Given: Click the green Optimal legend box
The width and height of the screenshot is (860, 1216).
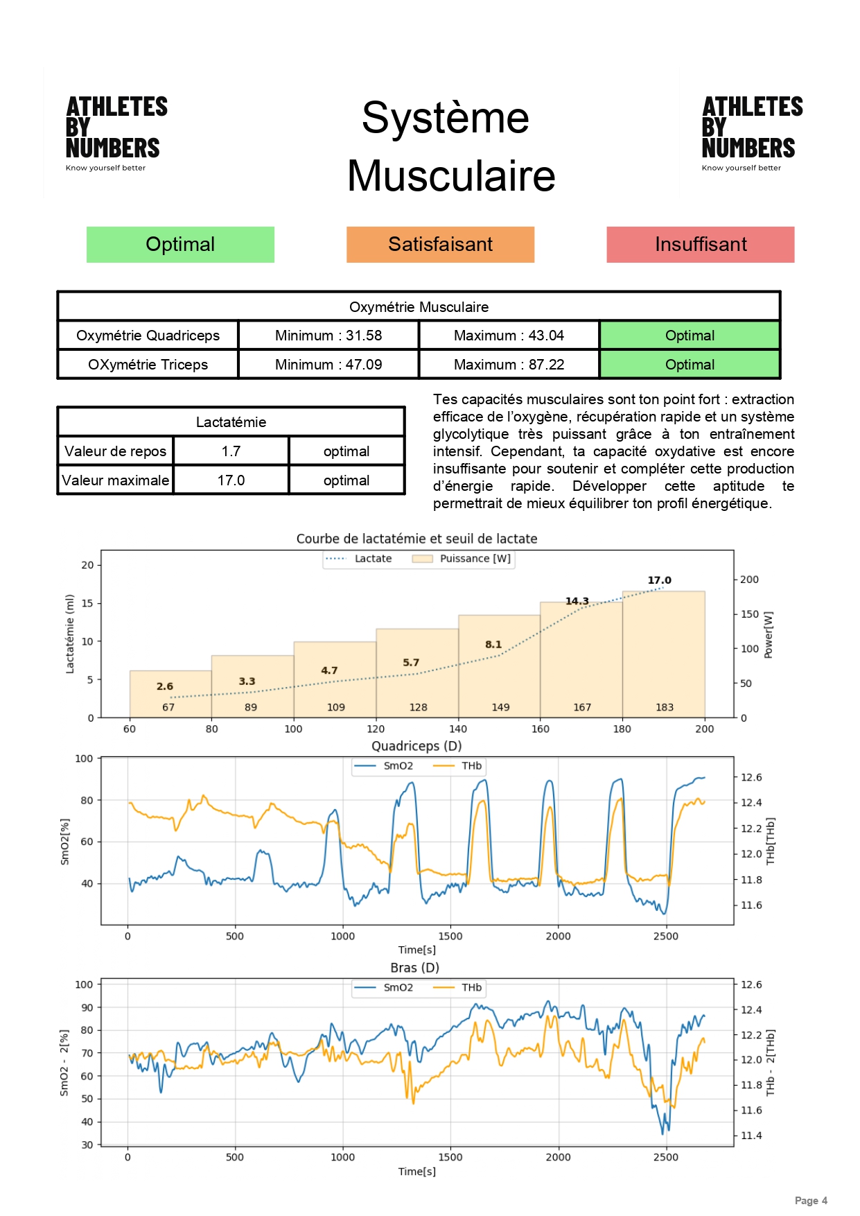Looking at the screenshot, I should coord(180,245).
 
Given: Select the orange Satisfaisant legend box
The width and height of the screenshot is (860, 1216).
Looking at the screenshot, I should coord(440,245).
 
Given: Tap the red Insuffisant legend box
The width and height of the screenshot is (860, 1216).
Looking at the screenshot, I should coord(700,245).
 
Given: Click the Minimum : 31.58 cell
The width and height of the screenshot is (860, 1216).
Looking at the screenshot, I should coord(328,336).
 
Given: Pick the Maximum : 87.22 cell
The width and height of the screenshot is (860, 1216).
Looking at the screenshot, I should coord(509,365).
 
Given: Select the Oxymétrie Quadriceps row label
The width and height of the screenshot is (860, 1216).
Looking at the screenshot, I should coord(148,336).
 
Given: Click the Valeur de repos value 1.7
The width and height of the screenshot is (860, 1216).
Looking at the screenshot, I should coord(231,451).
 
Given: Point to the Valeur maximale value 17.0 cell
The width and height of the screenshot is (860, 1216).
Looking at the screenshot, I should coord(231,480).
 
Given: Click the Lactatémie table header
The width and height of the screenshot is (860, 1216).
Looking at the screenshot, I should coord(231,422).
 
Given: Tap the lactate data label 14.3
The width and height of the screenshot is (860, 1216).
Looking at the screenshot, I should coord(577,601).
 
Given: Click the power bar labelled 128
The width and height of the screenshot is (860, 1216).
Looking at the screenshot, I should coord(417,672).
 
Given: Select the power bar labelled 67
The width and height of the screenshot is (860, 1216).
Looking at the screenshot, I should coord(170,693).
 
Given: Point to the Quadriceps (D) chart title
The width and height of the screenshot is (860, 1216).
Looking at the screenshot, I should coord(416,746).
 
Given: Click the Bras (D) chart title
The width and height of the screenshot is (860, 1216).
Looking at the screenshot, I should coord(414,968).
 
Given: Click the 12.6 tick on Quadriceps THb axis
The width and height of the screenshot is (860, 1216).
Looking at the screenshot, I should coord(751,777).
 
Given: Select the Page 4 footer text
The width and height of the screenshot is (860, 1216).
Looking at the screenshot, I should coord(811,1201).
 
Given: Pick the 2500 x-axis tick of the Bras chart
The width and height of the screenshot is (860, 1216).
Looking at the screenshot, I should coord(666,1157).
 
